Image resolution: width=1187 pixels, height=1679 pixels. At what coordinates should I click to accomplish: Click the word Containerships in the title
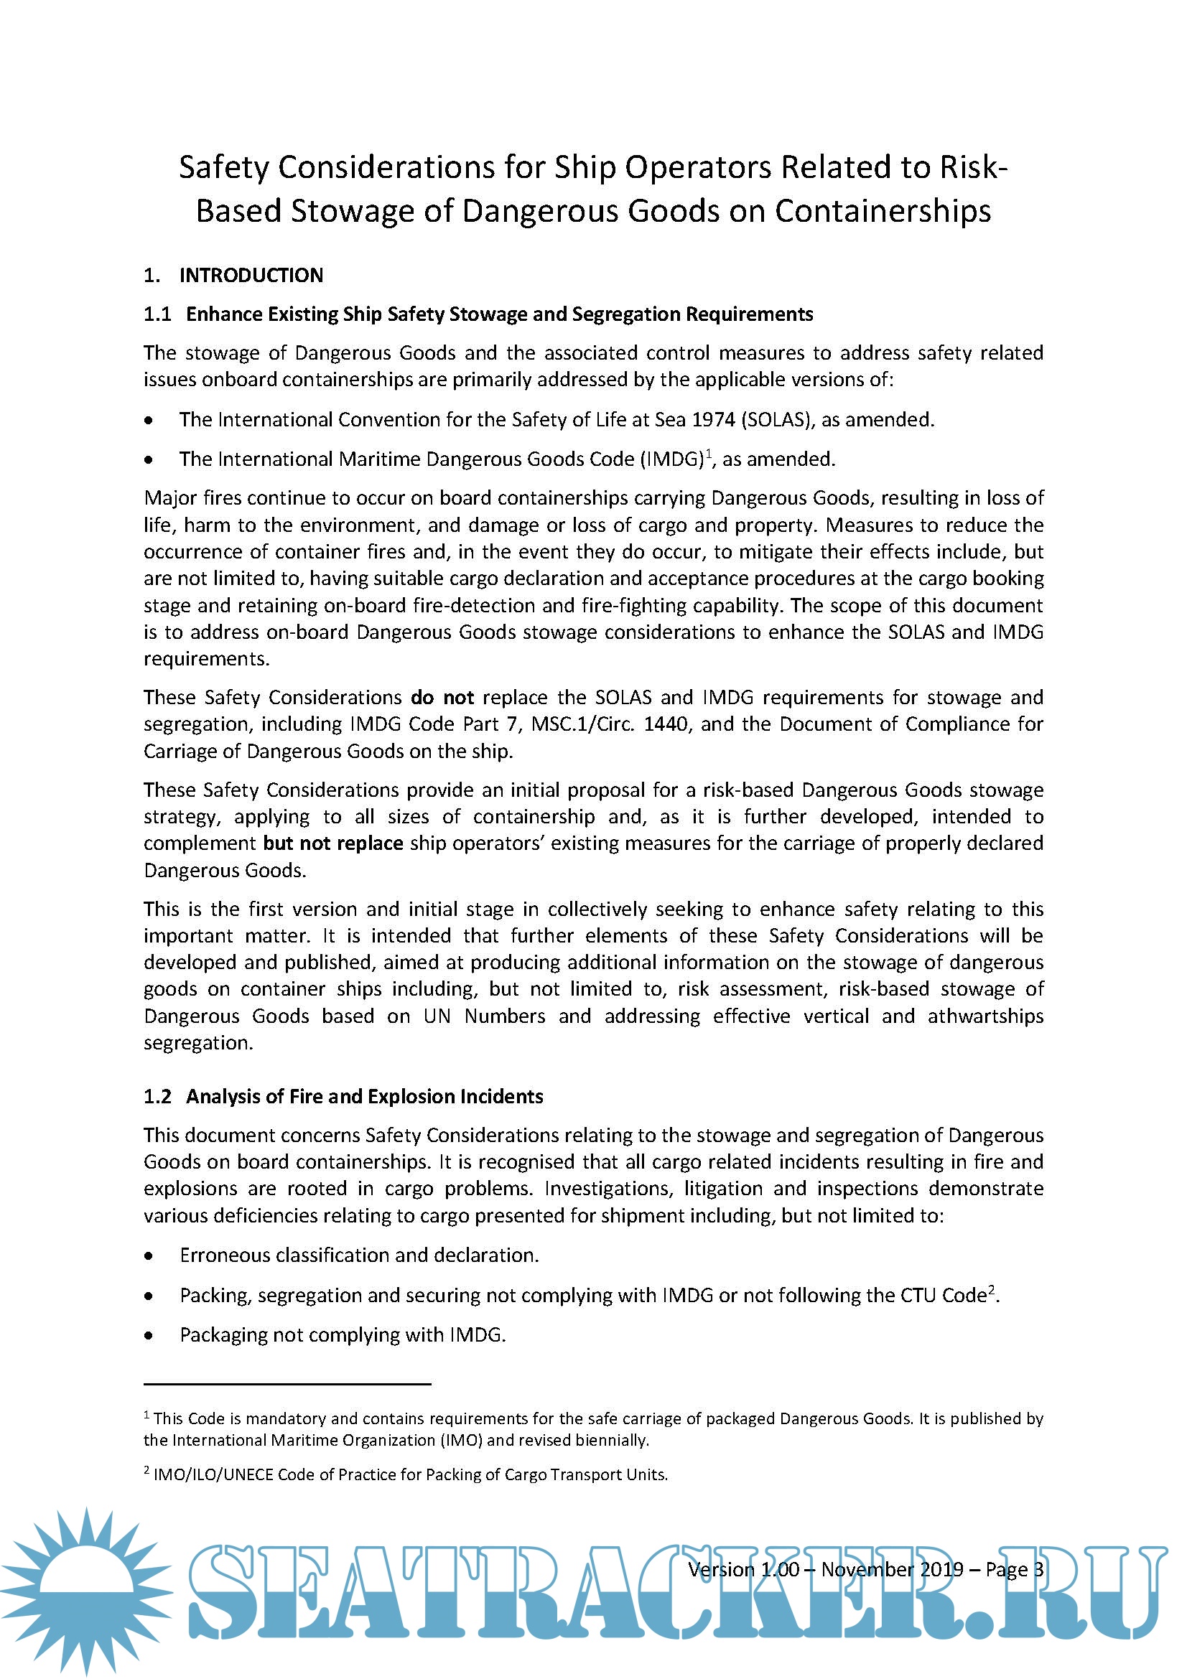883,211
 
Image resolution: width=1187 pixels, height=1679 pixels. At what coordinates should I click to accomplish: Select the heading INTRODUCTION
251,275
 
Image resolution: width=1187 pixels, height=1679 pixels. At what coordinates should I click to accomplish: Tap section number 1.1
157,314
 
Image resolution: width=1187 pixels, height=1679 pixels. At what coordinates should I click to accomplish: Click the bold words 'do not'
442,697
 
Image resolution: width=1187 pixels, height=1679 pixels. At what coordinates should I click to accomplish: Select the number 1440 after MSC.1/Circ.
666,724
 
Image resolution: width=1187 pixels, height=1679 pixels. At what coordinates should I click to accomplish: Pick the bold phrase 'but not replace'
332,843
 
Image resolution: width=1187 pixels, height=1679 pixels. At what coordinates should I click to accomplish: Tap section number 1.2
157,1096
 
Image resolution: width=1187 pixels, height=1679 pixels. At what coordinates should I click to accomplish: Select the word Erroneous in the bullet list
224,1255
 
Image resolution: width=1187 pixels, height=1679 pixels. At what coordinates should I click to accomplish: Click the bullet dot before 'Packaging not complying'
149,1335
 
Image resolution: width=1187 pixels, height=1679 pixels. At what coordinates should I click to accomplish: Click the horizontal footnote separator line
287,1383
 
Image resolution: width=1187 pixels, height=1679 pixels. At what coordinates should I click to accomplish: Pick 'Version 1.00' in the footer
743,1569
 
